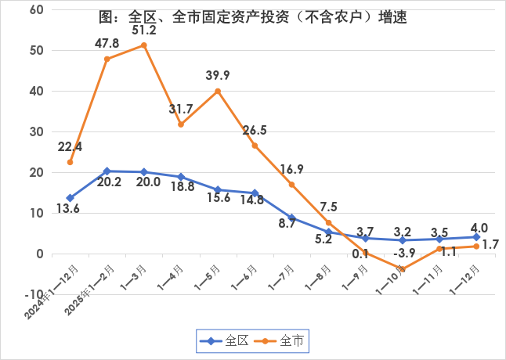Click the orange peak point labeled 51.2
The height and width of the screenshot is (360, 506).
(x=144, y=45)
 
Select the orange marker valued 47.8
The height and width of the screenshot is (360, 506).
(x=107, y=59)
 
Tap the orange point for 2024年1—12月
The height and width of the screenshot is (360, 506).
(x=70, y=162)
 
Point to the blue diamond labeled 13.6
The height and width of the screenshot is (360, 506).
(x=70, y=198)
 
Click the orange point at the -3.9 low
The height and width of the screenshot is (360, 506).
(x=403, y=269)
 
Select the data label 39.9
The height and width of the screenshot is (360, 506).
(x=218, y=75)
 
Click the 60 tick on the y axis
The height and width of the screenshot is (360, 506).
(x=37, y=10)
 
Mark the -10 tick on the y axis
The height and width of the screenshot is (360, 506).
(x=33, y=295)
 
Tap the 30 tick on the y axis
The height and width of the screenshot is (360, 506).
(x=37, y=132)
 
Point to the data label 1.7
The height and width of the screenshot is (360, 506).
(x=490, y=245)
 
